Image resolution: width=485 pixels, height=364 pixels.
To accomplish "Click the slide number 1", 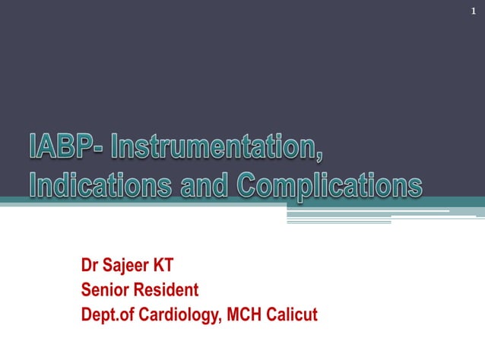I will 473,10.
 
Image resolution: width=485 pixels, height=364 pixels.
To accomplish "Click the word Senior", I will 105,290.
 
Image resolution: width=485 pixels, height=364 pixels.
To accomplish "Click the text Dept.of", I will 108,314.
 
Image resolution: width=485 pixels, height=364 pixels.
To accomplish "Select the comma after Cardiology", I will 221,319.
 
